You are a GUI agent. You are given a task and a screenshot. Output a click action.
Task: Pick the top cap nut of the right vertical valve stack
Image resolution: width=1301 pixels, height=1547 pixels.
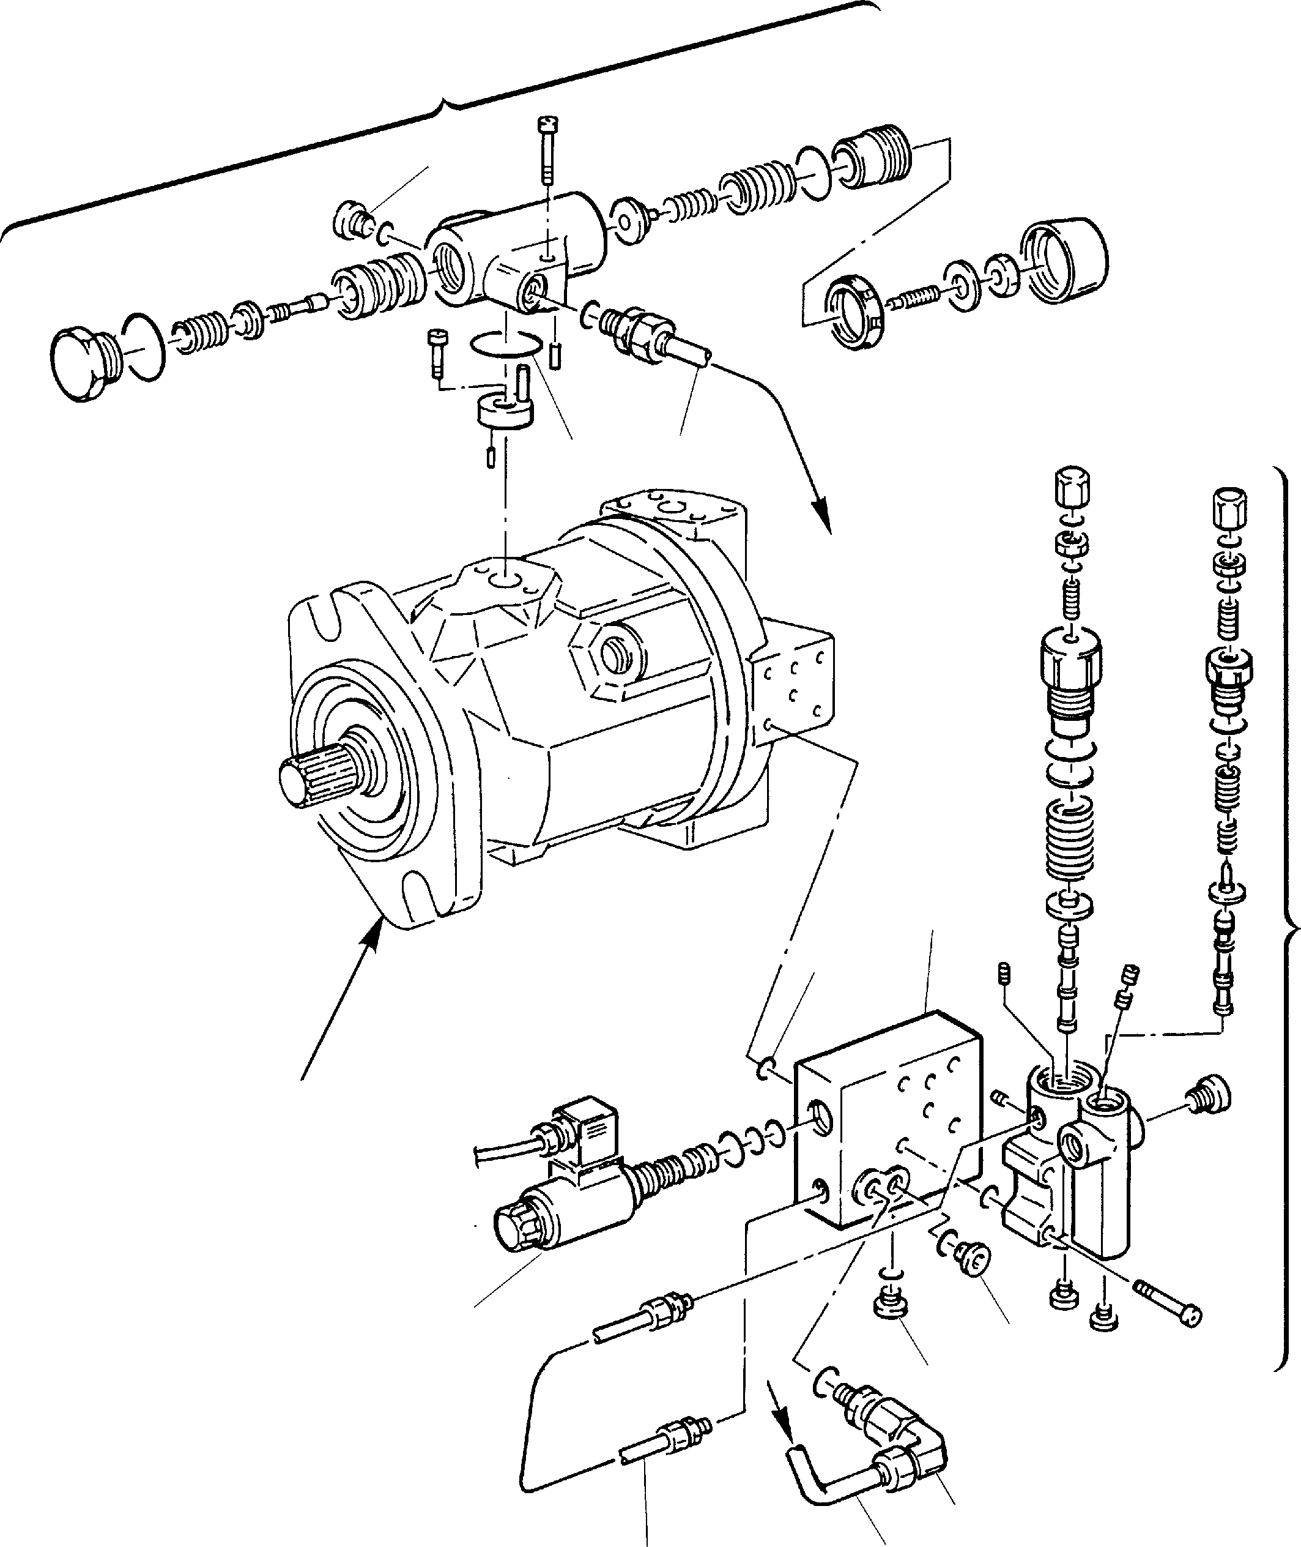[1229, 507]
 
